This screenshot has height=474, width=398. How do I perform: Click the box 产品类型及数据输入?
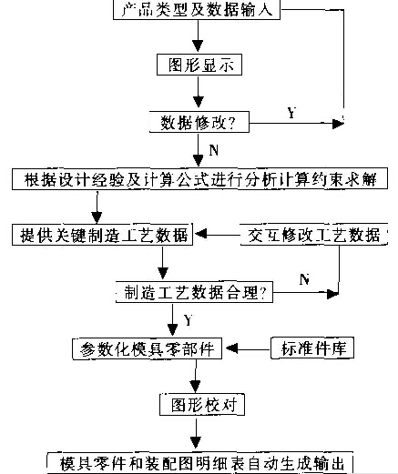coord(197,11)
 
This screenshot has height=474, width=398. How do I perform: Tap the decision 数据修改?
coord(197,120)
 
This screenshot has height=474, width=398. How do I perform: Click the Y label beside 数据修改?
coord(291,113)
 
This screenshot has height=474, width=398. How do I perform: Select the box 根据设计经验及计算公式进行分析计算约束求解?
coord(199,178)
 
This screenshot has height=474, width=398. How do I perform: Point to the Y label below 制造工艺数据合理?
coord(188,320)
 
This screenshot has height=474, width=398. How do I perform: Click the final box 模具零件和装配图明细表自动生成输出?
coord(197,462)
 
